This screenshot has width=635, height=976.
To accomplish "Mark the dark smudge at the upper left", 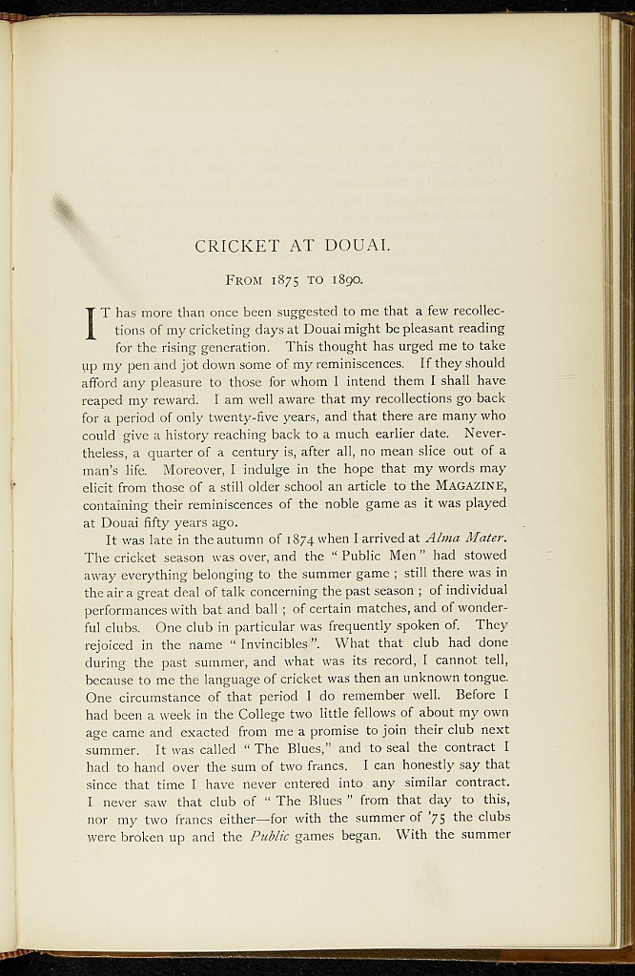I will tap(66, 211).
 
